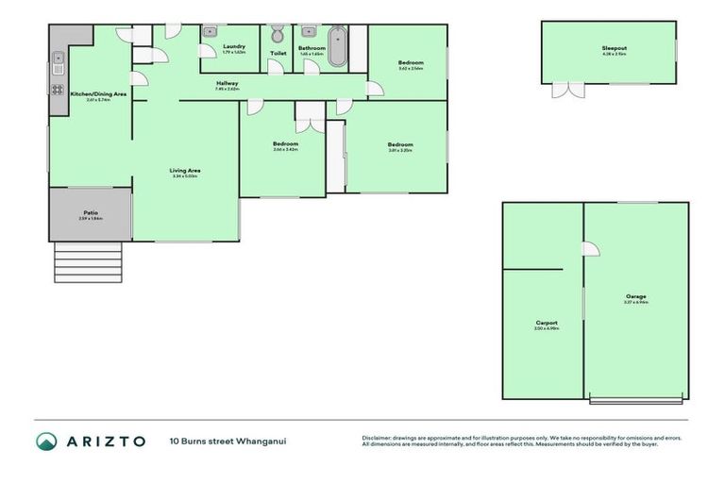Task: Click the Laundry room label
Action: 233,46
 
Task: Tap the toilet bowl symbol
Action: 278,36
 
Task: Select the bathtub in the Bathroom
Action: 337,47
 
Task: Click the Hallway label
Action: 228,83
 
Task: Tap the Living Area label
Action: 186,171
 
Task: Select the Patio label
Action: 91,212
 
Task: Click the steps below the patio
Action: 88,262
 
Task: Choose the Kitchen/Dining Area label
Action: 98,94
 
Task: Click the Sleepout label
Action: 615,48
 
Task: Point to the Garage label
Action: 635,296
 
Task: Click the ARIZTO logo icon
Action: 46,441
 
